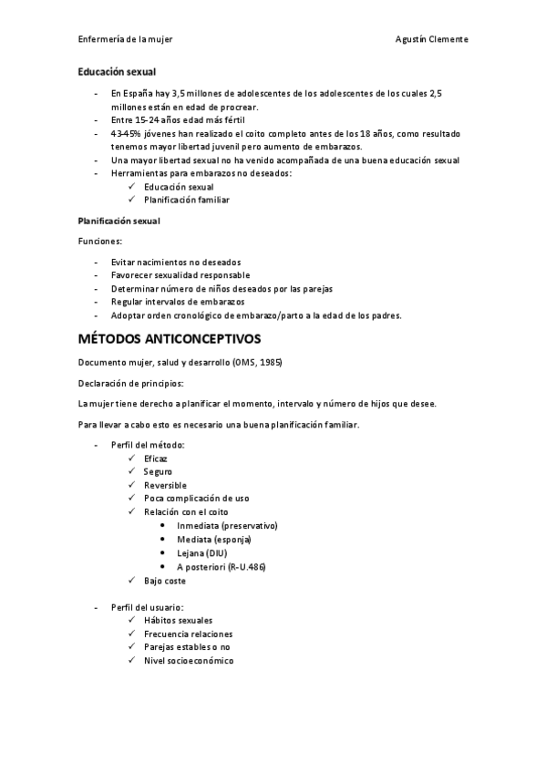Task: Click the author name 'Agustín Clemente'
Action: (433, 39)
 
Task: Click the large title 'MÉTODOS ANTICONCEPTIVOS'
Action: (170, 338)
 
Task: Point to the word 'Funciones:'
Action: (100, 241)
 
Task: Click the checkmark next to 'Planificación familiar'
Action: (133, 200)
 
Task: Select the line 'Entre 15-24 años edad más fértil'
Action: (178, 119)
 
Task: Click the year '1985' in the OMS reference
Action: (268, 362)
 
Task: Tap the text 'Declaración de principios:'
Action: (130, 383)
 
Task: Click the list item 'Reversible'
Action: (165, 485)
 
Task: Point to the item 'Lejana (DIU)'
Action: (202, 553)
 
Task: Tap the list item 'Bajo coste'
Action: (165, 581)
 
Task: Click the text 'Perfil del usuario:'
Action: (148, 607)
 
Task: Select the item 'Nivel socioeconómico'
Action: (189, 661)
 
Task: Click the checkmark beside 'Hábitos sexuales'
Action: (133, 621)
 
